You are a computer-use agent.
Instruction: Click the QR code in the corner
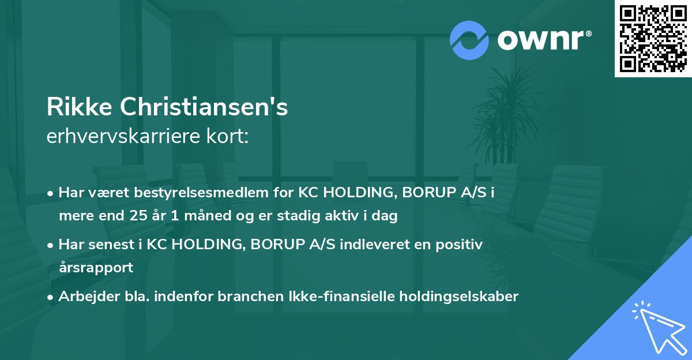[x=652, y=38]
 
